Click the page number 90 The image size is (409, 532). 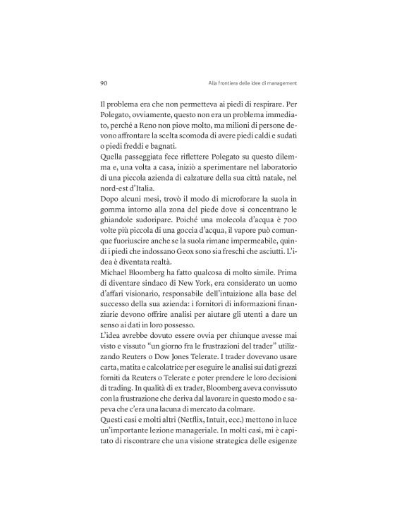[104, 82]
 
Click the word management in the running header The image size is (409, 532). [284, 82]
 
